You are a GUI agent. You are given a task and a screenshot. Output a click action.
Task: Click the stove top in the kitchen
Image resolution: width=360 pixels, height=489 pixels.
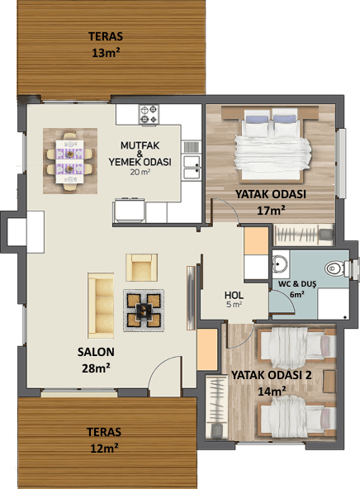coord(149,115)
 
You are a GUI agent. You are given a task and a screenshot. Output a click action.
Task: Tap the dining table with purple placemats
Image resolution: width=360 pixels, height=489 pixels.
coord(69,162)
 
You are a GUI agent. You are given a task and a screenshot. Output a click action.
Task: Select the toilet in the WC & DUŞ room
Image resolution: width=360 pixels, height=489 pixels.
coord(334,268)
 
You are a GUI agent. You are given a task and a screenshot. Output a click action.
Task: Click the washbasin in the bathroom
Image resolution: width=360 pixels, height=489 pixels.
coord(280,264)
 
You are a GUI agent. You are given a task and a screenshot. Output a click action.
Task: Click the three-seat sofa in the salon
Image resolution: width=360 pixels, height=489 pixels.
coord(101,306)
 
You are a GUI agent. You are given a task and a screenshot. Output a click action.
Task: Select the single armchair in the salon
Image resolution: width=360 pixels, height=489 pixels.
coord(141,268)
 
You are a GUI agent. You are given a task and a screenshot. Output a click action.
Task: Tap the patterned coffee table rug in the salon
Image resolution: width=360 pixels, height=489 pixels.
coord(144,311)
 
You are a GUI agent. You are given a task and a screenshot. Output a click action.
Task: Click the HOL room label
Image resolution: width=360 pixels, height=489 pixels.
coord(234,295)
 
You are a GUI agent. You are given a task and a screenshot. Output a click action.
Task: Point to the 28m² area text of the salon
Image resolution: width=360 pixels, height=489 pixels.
coord(96,368)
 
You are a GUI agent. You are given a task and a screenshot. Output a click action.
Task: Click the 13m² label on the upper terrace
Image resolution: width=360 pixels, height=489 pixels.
coord(106,53)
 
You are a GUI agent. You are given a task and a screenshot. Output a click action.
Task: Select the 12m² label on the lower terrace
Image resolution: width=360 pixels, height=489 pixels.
coord(104,449)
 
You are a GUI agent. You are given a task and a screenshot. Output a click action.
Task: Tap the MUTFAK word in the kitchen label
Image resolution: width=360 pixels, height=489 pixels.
coord(140,145)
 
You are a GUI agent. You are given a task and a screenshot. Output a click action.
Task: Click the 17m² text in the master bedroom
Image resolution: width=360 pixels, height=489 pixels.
coord(271,211)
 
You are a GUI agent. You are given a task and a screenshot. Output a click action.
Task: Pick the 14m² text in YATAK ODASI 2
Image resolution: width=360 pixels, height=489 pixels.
coord(272,391)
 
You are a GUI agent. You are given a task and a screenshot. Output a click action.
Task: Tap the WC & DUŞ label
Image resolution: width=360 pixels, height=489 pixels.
coord(297,284)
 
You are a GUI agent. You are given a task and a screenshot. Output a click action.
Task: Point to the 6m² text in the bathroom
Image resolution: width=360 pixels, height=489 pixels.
coord(297,294)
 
